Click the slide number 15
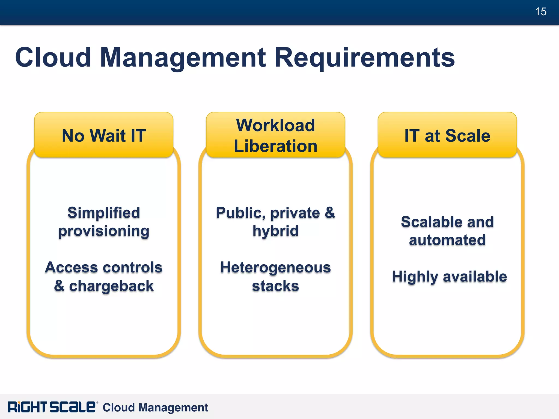pyautogui.click(x=540, y=12)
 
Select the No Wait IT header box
pyautogui.click(x=104, y=135)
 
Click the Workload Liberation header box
pyautogui.click(x=275, y=135)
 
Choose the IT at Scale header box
pyautogui.click(x=447, y=135)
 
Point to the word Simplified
pyautogui.click(x=104, y=213)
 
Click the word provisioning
pyautogui.click(x=104, y=231)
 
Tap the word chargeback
pyautogui.click(x=111, y=286)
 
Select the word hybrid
pyautogui.click(x=275, y=231)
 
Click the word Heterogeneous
pyautogui.click(x=275, y=268)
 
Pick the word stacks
pyautogui.click(x=275, y=286)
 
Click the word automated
pyautogui.click(x=447, y=240)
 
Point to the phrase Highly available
pyautogui.click(x=449, y=277)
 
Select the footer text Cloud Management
pyautogui.click(x=155, y=408)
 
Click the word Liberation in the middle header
pyautogui.click(x=275, y=146)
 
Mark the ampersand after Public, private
pyautogui.click(x=330, y=213)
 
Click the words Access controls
pyautogui.click(x=104, y=267)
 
